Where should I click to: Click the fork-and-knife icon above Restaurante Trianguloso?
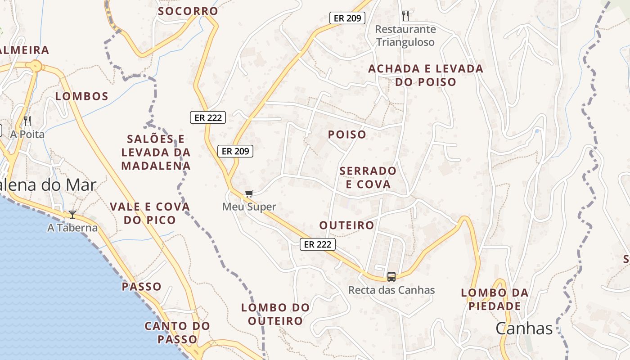(x=405, y=16)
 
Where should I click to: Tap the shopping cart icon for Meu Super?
(x=249, y=194)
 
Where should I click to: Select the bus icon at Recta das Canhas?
(x=391, y=277)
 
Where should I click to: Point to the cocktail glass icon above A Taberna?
(x=72, y=215)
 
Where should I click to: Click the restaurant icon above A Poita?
(x=27, y=121)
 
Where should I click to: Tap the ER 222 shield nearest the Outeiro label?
(x=318, y=244)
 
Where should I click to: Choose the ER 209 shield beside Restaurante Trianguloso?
(x=347, y=18)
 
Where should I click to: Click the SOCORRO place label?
(x=188, y=11)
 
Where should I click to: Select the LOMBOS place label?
(x=82, y=96)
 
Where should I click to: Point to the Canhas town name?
(x=524, y=328)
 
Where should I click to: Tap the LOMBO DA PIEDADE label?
(x=495, y=300)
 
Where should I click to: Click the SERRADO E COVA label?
(x=368, y=178)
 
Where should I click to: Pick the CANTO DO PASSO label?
(x=177, y=333)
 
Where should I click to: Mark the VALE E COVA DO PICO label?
(x=150, y=213)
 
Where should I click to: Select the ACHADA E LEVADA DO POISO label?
(x=426, y=76)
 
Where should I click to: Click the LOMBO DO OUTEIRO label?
(x=275, y=314)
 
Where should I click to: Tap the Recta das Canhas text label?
(x=391, y=290)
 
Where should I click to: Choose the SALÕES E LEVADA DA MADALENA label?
(x=156, y=152)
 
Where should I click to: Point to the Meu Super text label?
(x=249, y=207)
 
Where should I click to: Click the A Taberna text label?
(x=72, y=228)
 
